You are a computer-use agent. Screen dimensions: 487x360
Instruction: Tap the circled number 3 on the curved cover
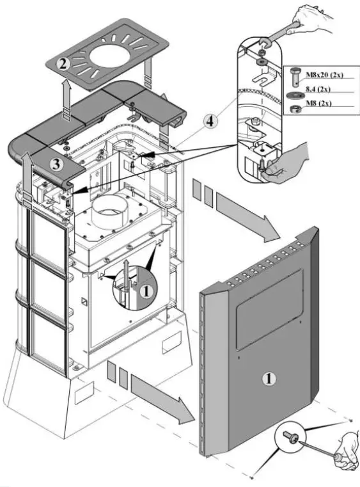coord(56,164)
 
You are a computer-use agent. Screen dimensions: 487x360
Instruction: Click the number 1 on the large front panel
coord(269,378)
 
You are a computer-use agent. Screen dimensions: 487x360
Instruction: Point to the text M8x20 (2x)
coord(324,76)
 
